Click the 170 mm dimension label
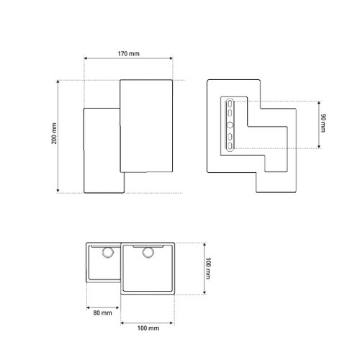point(129,53)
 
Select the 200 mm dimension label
point(54,133)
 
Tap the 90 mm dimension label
point(323,123)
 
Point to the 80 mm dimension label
point(103,313)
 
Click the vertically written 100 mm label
point(208,269)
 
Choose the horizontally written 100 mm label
point(148,328)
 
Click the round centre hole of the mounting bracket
point(230,125)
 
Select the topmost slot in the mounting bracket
point(230,104)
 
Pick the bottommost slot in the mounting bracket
point(230,146)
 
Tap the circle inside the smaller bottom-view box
point(108,253)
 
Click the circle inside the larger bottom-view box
point(148,253)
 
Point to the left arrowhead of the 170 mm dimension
point(86,58)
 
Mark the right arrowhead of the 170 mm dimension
point(171,58)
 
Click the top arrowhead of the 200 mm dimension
point(58,82)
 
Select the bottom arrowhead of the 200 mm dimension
point(58,191)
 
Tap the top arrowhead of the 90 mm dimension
point(319,103)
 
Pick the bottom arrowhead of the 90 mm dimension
point(319,146)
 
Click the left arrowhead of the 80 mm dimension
point(88,307)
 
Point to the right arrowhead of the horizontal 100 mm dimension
point(171,323)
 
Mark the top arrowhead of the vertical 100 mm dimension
point(204,245)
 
